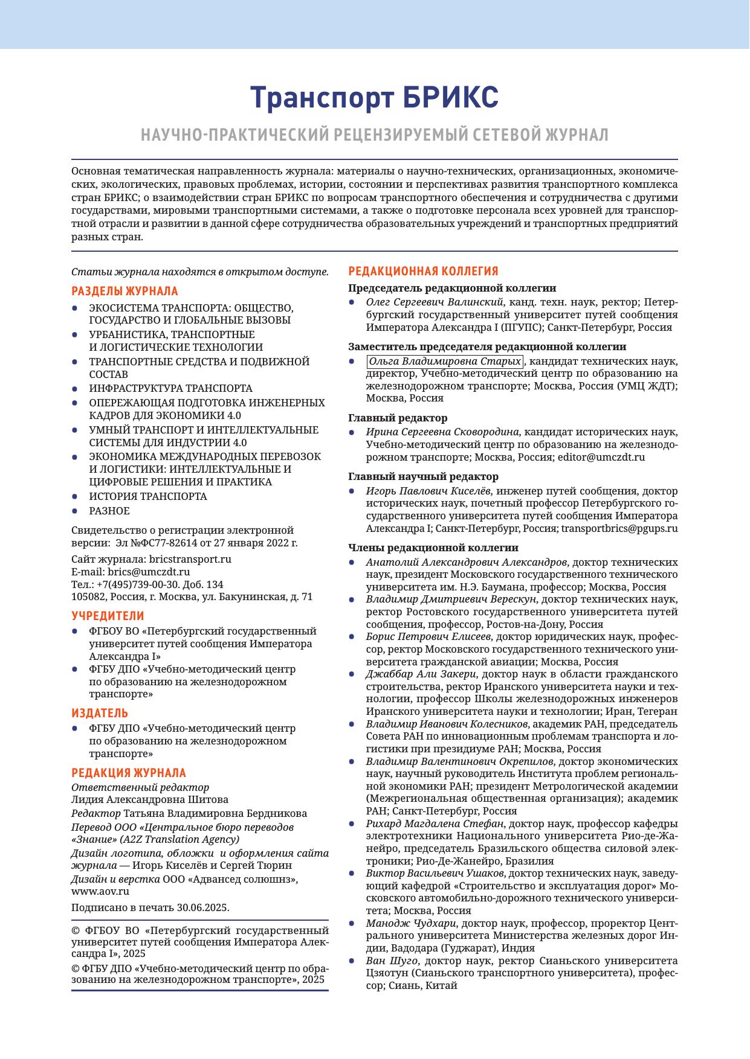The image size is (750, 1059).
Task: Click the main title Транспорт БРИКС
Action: (375, 98)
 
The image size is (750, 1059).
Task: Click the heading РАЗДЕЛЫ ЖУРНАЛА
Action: (124, 291)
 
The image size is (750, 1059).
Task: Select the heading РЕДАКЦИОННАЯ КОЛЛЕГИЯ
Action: (423, 271)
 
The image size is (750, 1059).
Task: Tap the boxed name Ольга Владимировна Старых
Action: (445, 362)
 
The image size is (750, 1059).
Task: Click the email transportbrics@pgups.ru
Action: (619, 528)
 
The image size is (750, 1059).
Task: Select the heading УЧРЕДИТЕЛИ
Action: (108, 616)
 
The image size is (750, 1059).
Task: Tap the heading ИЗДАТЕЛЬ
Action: (100, 713)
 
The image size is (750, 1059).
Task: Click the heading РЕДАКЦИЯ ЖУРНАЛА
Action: (129, 773)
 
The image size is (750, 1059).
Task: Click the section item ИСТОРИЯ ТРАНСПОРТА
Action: (148, 496)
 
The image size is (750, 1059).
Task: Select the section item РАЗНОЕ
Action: (109, 511)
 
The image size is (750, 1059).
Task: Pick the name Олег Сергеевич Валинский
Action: (435, 302)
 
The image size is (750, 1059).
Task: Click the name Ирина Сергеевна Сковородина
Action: (442, 432)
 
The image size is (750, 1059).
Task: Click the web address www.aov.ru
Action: (100, 891)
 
